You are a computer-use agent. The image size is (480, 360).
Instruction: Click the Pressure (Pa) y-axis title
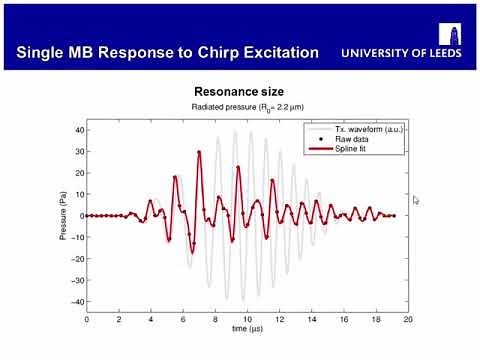coord(60,215)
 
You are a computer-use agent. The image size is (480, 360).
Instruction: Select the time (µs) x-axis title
coord(246,328)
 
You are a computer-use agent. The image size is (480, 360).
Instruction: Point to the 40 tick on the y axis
coord(77,129)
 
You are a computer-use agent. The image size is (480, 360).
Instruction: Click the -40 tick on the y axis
coord(75,301)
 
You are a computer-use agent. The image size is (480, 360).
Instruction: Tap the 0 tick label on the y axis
coord(80,215)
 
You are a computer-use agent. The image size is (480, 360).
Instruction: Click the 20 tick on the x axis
coord(407,318)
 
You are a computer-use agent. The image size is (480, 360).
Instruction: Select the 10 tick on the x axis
coord(247,318)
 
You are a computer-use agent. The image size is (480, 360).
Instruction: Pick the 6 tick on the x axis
coord(183,318)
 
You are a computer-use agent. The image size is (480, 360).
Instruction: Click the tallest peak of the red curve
coord(200,152)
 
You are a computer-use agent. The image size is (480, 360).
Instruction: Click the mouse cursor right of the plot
coord(417,199)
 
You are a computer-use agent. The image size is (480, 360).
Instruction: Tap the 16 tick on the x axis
coord(343,318)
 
